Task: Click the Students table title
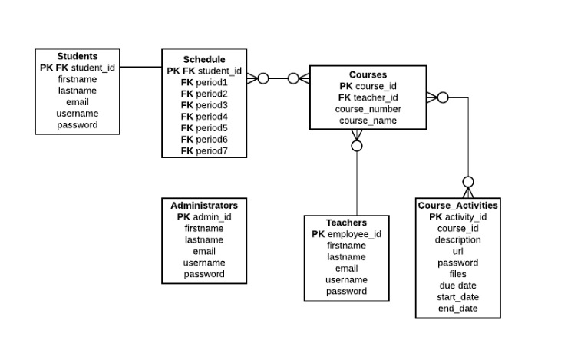click(78, 56)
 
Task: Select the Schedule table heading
click(204, 59)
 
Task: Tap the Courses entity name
click(368, 74)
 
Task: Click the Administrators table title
click(204, 205)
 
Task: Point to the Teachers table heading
click(346, 223)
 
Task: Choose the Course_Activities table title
click(457, 206)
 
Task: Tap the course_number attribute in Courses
click(368, 109)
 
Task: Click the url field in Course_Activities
click(457, 251)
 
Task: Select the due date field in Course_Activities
click(457, 286)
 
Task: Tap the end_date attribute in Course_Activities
click(457, 309)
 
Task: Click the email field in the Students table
click(78, 102)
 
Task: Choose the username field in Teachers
click(346, 280)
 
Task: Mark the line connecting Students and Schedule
click(140, 67)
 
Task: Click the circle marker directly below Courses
click(357, 146)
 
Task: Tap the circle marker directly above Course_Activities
click(468, 182)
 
